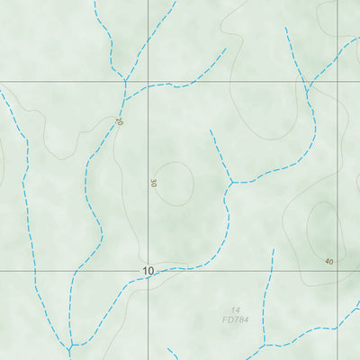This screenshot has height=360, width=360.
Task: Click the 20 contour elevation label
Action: tap(119, 121)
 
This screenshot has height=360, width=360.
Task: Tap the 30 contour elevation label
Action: tap(153, 183)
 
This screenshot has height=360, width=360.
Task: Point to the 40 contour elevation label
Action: tap(328, 261)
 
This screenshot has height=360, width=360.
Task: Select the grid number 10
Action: tap(148, 270)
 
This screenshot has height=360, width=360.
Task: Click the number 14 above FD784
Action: tap(235, 309)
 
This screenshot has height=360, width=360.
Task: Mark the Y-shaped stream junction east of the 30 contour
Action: tap(232, 183)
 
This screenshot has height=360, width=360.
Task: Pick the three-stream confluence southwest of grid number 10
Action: tap(70, 346)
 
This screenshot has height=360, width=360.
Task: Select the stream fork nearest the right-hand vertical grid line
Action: tap(308, 89)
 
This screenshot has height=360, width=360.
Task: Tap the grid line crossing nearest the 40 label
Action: tap(337, 270)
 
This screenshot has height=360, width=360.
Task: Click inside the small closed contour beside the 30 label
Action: tap(176, 183)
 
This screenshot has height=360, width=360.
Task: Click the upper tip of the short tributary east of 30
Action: tap(211, 130)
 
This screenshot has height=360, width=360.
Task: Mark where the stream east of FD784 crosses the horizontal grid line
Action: tap(269, 270)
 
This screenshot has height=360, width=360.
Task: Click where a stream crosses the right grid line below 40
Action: tap(337, 326)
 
